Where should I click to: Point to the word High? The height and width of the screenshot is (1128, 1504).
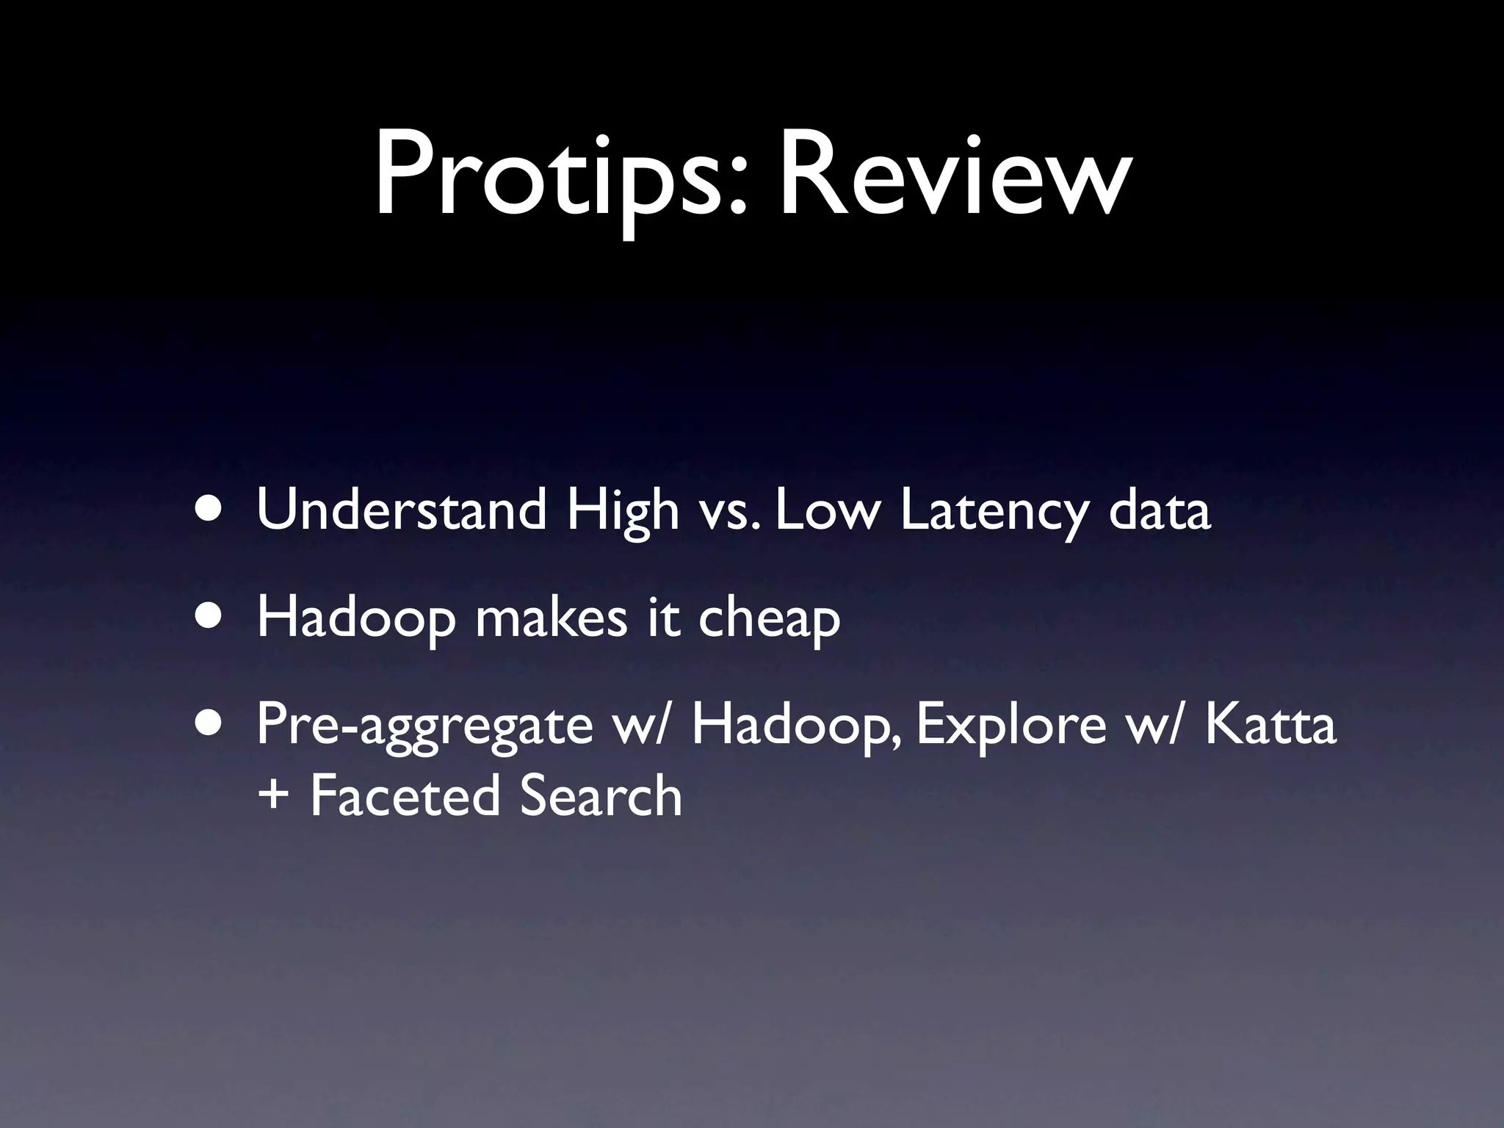point(623,513)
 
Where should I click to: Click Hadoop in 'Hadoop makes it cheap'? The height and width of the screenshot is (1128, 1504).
point(355,618)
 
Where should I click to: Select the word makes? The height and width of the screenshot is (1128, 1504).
point(551,618)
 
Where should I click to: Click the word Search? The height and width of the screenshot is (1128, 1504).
point(601,796)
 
